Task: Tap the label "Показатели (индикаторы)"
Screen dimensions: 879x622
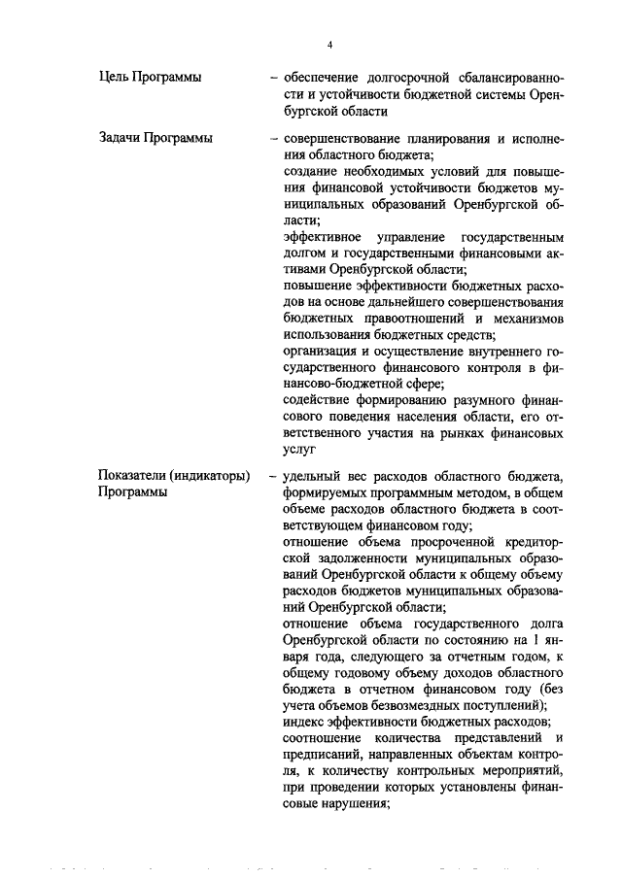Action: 174,475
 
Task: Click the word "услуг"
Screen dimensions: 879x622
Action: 300,452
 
